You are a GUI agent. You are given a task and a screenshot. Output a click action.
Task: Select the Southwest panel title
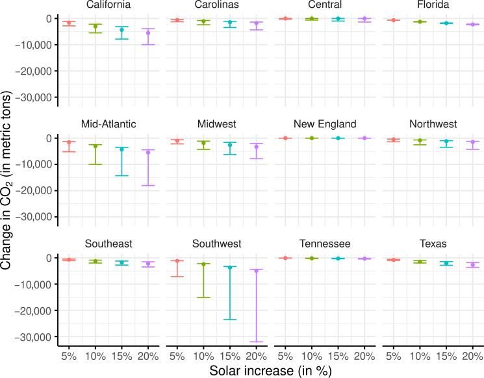point(216,244)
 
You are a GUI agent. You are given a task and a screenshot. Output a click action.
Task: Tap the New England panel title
point(324,124)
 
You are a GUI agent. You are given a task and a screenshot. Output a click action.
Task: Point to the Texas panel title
point(433,244)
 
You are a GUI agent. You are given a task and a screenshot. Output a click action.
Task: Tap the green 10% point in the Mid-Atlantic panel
point(95,146)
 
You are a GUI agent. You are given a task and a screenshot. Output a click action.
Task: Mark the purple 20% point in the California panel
point(148,33)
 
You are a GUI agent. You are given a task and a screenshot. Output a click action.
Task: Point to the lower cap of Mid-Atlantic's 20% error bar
point(148,186)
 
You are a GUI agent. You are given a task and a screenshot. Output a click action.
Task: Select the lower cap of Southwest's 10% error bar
point(203,297)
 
